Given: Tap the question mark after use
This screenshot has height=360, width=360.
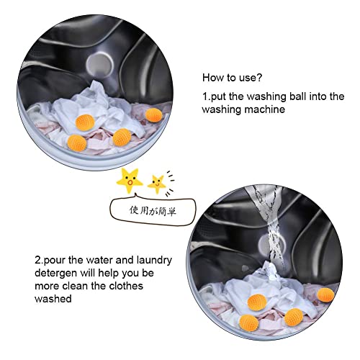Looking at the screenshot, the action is coord(259,78).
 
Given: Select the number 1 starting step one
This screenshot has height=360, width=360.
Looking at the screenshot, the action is coord(205,96).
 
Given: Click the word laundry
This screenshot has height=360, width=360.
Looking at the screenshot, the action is coord(154,261).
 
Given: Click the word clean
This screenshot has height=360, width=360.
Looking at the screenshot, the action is coord(76,286).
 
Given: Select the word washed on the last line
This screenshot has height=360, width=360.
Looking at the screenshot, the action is coord(53,299).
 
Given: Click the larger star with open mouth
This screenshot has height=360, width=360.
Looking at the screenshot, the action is coord(130,181).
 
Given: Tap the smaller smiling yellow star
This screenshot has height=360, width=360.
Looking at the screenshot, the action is coord(157,184).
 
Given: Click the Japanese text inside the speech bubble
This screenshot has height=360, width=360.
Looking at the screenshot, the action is coord(153,211).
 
